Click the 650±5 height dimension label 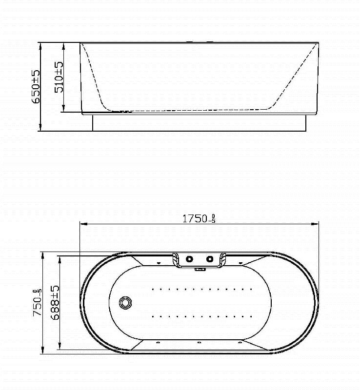pyautogui.click(x=36, y=86)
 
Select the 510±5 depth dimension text pyautogui.click(x=59, y=77)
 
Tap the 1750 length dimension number pyautogui.click(x=195, y=219)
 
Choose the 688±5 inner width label pyautogui.click(x=55, y=302)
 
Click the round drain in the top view pyautogui.click(x=125, y=302)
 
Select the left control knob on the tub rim pyautogui.click(x=189, y=259)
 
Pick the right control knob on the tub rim pyautogui.click(x=210, y=259)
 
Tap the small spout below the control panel pyautogui.click(x=200, y=269)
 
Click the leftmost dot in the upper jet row pyautogui.click(x=153, y=289)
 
